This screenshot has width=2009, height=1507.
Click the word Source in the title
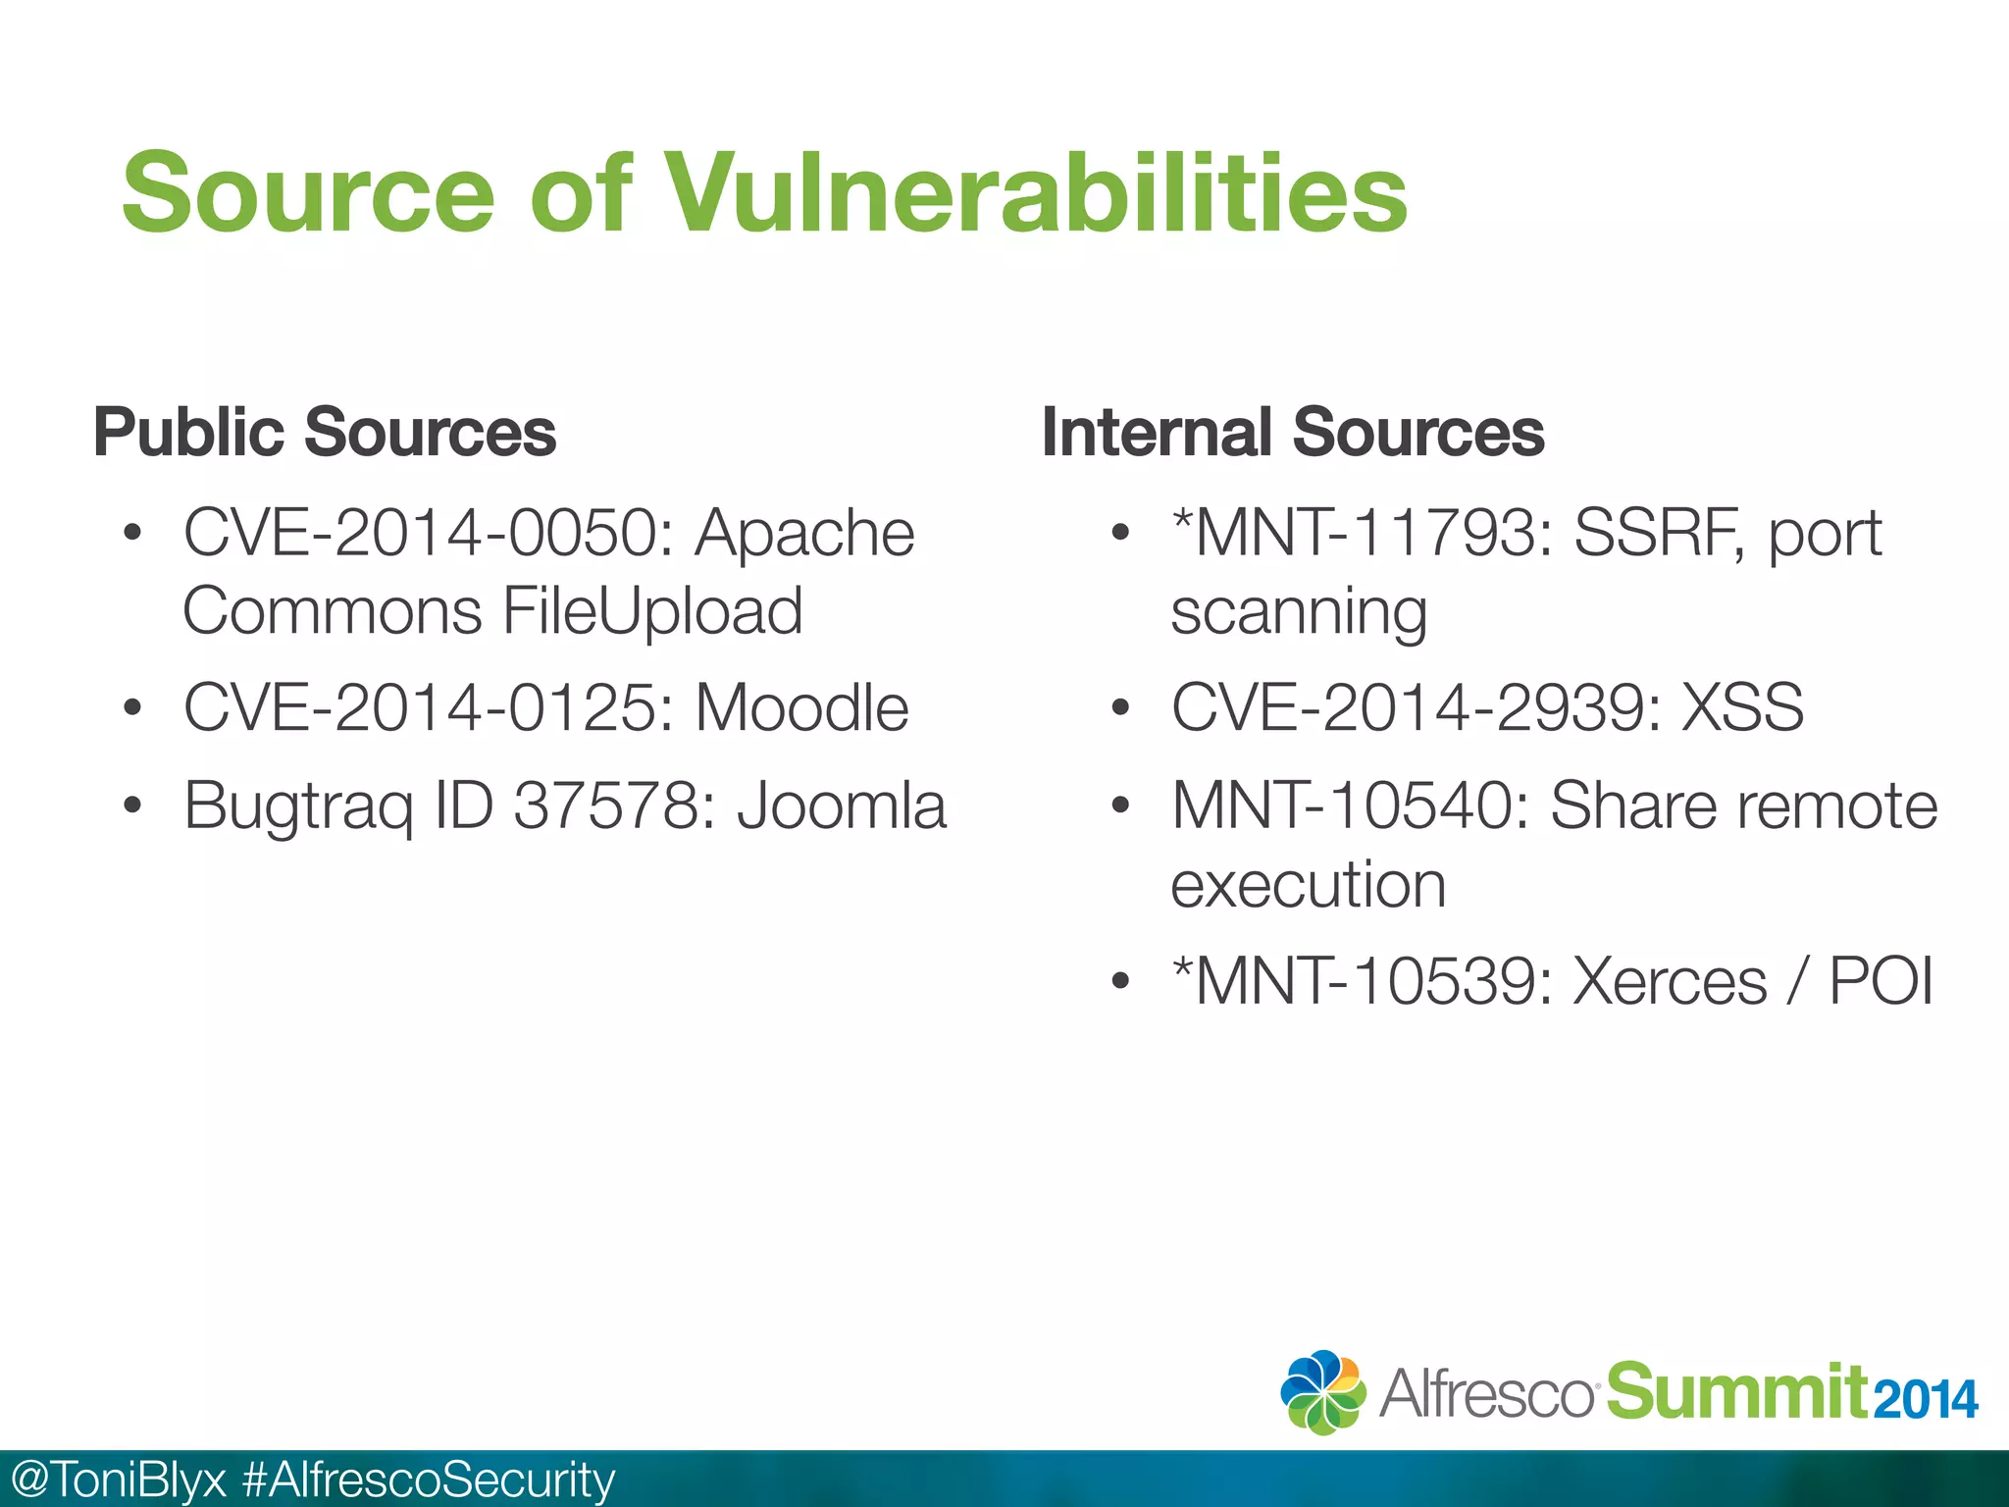tap(308, 193)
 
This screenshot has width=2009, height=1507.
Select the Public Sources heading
tap(325, 432)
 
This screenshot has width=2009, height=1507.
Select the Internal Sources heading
tap(1292, 432)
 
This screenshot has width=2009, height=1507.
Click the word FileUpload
tap(652, 611)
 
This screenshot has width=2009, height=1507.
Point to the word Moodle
tap(801, 707)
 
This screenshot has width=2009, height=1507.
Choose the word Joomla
tap(842, 805)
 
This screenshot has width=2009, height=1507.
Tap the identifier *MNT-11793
tap(1360, 533)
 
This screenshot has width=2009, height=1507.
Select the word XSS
tap(1742, 707)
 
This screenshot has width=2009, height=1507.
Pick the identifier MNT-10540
tap(1348, 805)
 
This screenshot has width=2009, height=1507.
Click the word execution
tap(1308, 885)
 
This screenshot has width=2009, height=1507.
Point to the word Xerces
tap(1669, 981)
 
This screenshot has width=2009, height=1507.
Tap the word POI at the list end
tap(1880, 981)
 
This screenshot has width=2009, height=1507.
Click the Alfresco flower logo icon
tap(1322, 1392)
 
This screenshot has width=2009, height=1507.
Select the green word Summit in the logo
tap(1736, 1391)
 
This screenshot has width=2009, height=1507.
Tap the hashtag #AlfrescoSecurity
tap(429, 1480)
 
